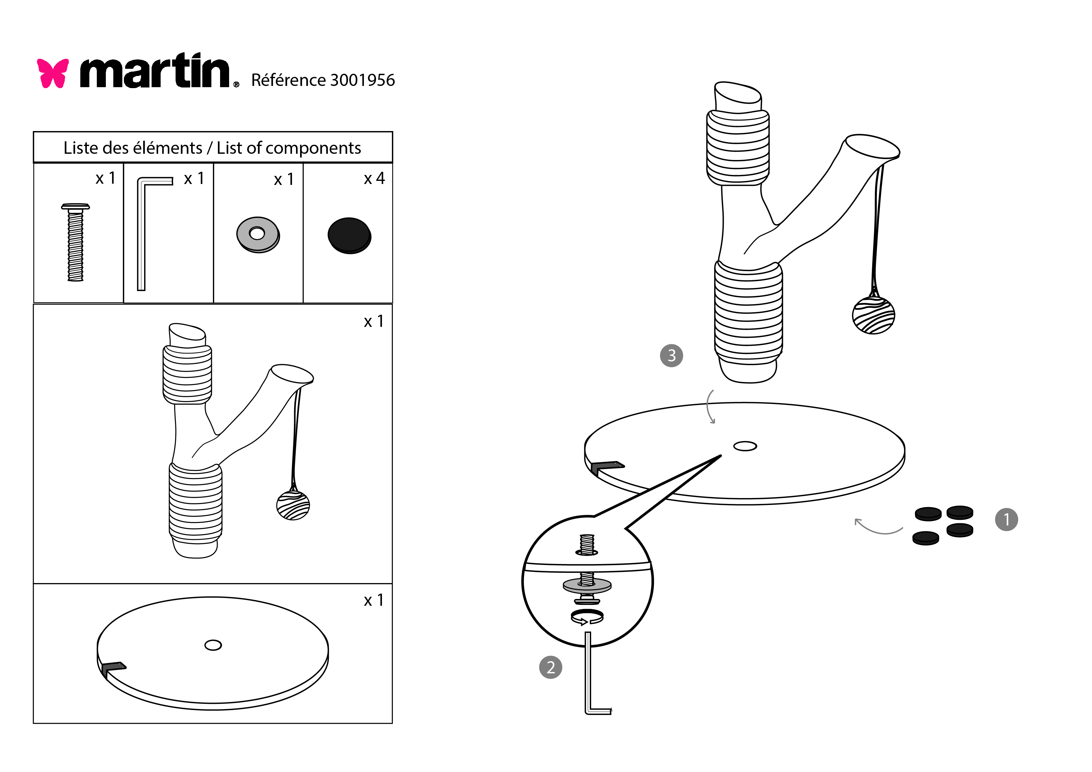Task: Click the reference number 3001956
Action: (x=362, y=80)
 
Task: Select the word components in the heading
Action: (x=313, y=148)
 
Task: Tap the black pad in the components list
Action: (x=349, y=235)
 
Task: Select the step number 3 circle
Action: (x=671, y=355)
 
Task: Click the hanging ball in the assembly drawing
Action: (x=873, y=315)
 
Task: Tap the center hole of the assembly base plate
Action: (x=745, y=446)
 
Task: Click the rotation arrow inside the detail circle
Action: (x=587, y=617)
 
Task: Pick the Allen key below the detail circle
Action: (x=590, y=685)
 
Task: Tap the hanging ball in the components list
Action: (x=293, y=505)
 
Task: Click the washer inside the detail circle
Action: (x=587, y=586)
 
